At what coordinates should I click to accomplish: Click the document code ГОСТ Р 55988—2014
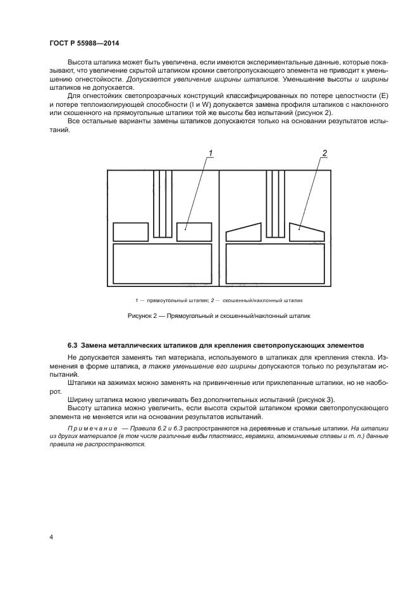tap(84, 43)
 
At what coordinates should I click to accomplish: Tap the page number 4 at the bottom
tap(51, 537)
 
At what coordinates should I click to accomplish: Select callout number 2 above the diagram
tap(324, 152)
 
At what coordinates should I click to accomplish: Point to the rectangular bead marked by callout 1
tap(194, 231)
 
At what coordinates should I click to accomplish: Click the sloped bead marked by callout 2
tap(306, 232)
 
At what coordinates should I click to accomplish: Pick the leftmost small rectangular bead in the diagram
tap(130, 231)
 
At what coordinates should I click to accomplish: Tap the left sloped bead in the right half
tap(244, 233)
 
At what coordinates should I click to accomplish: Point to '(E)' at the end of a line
tap(383, 95)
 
